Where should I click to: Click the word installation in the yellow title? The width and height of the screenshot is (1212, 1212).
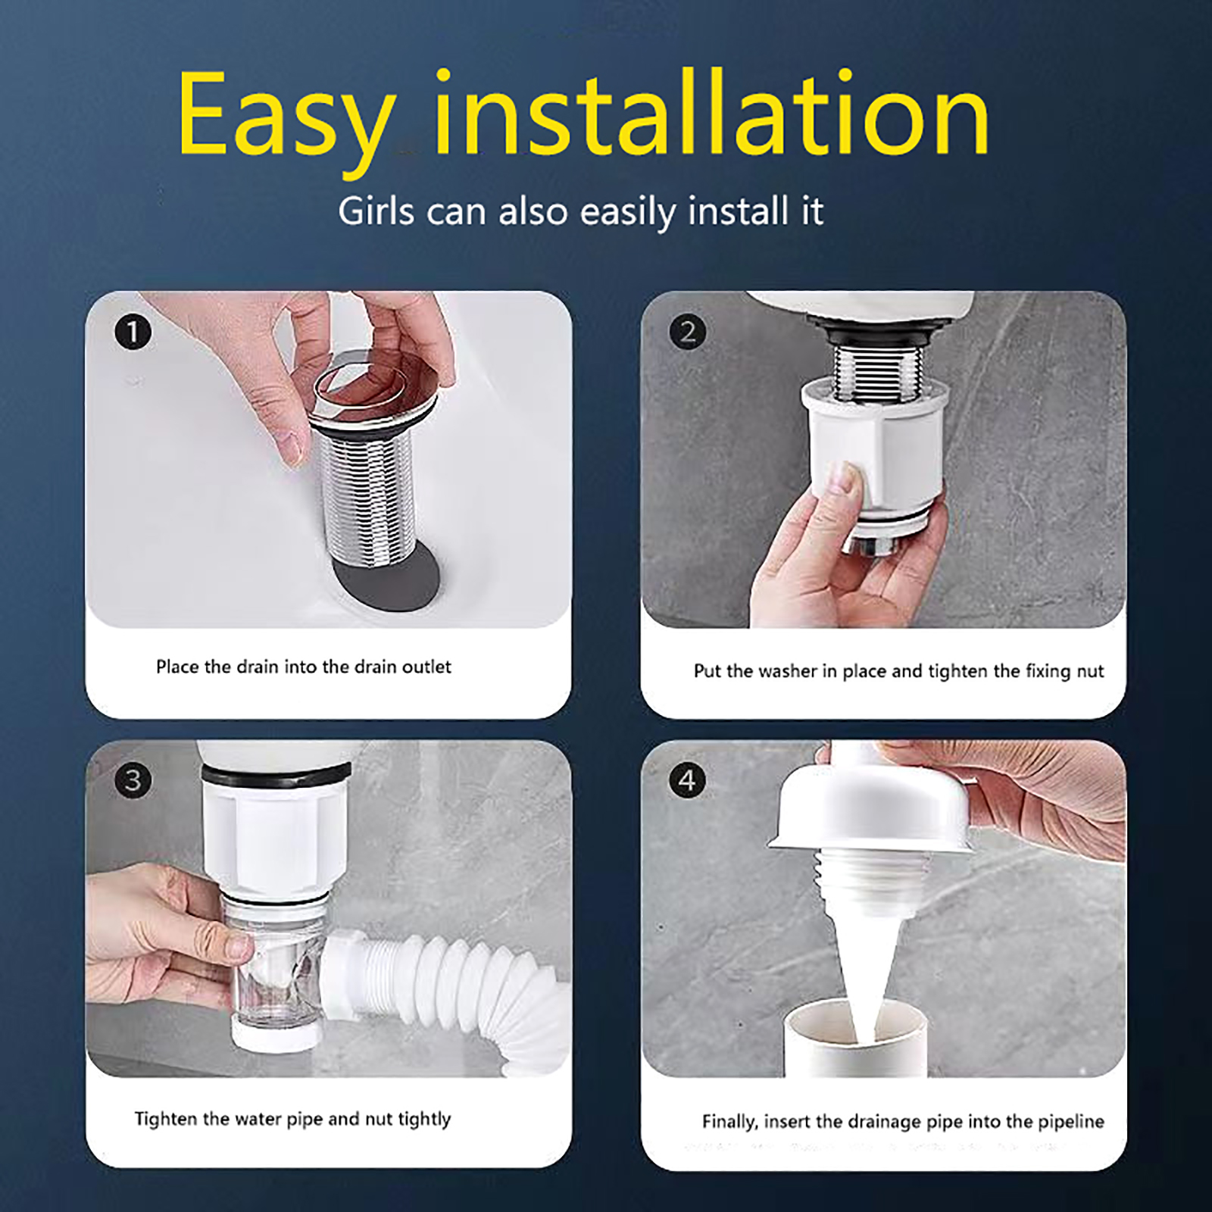711,114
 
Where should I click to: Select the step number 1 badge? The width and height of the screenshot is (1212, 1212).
133,332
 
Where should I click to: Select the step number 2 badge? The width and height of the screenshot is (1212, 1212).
688,332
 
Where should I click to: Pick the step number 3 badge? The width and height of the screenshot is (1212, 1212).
133,780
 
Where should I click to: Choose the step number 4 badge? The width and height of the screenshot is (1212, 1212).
688,780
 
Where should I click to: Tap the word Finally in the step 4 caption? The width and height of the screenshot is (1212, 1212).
729,1122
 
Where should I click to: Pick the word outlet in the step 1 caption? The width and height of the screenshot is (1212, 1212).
426,667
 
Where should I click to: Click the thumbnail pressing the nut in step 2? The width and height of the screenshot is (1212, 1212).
847,479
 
